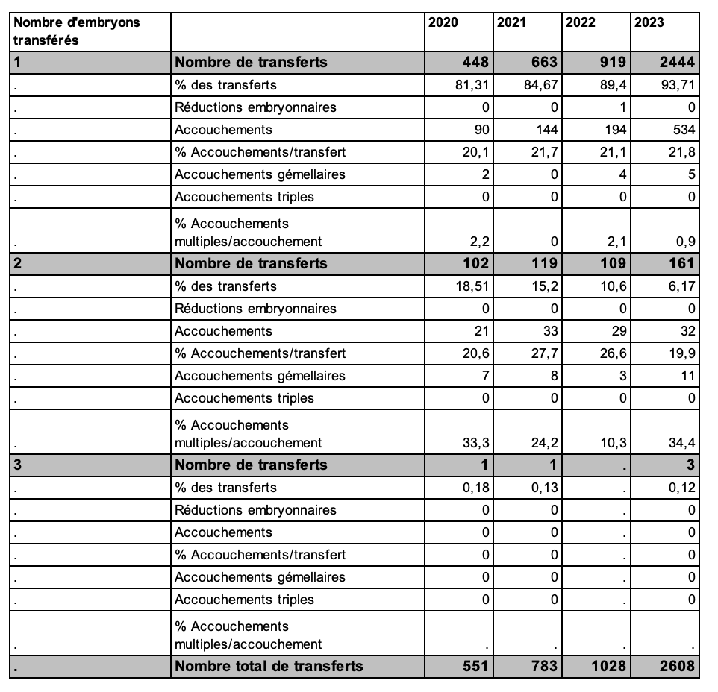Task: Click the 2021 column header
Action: click(511, 22)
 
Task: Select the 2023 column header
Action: click(649, 22)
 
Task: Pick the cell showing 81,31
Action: click(472, 85)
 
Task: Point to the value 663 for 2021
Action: click(543, 62)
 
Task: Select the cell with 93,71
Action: click(678, 85)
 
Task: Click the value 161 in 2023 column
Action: click(681, 263)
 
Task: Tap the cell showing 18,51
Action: click(472, 286)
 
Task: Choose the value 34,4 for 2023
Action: click(682, 443)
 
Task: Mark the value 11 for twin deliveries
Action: click(687, 376)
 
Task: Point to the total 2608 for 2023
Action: click(677, 666)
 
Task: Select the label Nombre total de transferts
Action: click(269, 666)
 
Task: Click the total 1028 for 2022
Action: click(608, 666)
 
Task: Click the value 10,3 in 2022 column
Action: click(614, 443)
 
